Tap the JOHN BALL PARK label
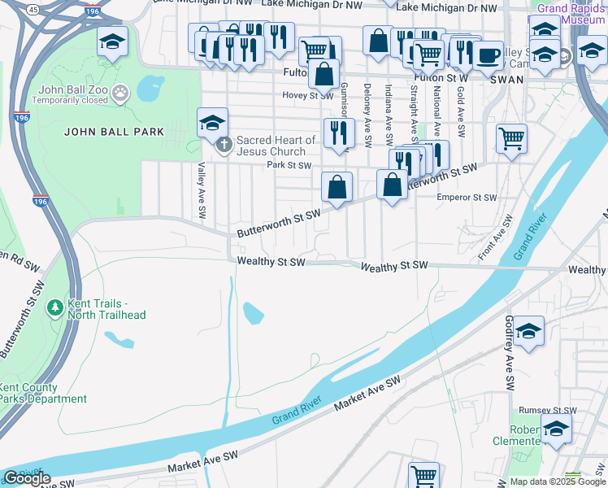tap(114, 132)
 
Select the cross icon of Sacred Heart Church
tap(225, 146)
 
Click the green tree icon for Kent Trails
tap(55, 307)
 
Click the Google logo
tap(27, 478)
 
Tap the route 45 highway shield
tap(33, 9)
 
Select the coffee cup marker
tap(489, 56)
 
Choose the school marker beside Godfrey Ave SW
tap(528, 331)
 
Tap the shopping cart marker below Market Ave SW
tap(423, 475)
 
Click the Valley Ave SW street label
tap(200, 190)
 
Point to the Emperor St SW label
tap(466, 198)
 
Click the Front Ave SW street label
tap(496, 237)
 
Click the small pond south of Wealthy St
tap(254, 311)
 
